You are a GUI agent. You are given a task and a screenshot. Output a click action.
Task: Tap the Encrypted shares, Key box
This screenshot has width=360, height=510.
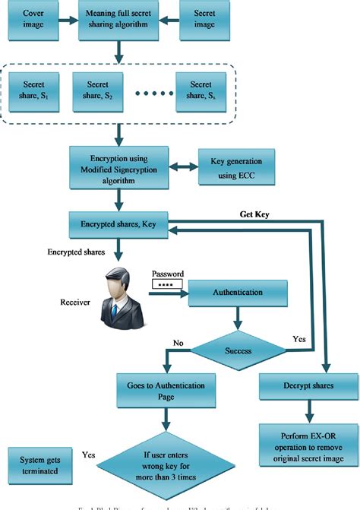(118, 224)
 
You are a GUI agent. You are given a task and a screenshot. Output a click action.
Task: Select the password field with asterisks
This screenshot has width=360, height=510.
(168, 285)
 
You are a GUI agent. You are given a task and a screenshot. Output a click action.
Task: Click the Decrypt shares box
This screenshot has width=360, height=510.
(307, 386)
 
